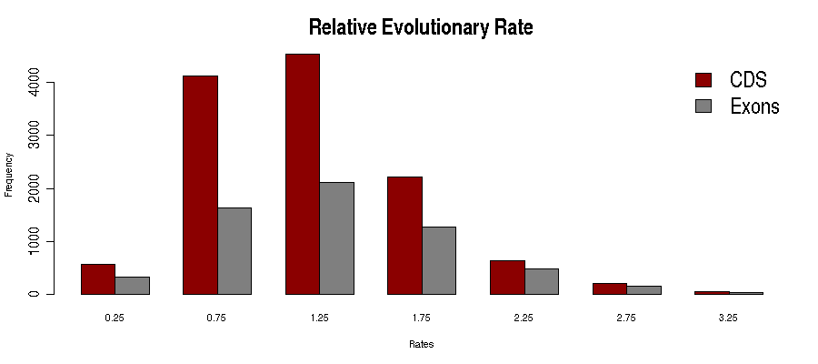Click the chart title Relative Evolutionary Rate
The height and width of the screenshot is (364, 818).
(420, 27)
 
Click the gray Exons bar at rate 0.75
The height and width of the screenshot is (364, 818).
(234, 251)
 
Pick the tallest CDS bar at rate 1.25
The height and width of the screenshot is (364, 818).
(303, 174)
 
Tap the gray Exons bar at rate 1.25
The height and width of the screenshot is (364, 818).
(336, 238)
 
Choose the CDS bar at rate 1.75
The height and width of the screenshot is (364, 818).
(404, 236)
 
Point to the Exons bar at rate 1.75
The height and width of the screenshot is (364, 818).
(439, 260)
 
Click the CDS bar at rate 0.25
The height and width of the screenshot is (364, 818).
(98, 279)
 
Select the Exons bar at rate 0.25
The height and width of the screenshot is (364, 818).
(132, 286)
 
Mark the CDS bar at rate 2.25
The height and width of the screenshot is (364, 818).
(507, 278)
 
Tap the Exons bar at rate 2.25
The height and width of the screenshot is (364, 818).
(542, 281)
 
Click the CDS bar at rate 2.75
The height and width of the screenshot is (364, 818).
(610, 288)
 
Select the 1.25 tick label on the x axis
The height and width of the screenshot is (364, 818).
(319, 318)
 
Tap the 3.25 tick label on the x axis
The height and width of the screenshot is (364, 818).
(729, 318)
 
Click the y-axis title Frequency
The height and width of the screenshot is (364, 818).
(9, 174)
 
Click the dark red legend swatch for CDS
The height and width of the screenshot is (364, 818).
(703, 79)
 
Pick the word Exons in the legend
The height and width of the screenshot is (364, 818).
(754, 106)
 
